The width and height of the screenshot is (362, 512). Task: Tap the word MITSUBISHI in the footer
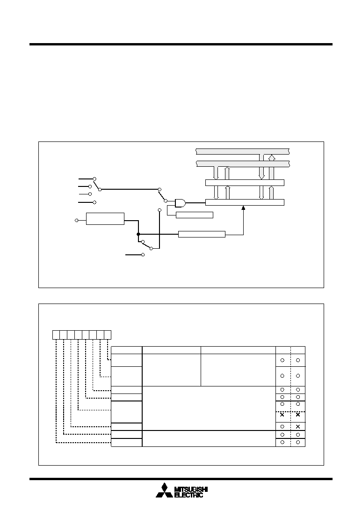(191, 490)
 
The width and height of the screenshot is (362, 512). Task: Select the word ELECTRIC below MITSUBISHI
(189, 495)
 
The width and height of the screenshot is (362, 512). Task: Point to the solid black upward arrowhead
(243, 208)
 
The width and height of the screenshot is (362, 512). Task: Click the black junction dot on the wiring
(138, 234)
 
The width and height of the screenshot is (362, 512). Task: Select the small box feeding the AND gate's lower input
(195, 215)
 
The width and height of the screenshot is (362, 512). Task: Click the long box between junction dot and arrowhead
(202, 234)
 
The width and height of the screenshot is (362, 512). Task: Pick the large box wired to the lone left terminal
(105, 219)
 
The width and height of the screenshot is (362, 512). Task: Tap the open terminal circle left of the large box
(77, 221)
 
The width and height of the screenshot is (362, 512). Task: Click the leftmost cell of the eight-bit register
(56, 334)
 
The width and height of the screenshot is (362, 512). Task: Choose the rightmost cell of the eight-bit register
(108, 334)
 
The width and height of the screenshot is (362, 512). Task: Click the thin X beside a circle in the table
(298, 426)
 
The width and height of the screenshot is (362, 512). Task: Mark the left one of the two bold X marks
(282, 415)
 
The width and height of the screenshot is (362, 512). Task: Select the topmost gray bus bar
(243, 151)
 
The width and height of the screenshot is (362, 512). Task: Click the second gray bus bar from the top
(243, 163)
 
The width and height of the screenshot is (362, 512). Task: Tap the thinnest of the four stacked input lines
(85, 194)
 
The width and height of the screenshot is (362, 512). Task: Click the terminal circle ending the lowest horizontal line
(143, 255)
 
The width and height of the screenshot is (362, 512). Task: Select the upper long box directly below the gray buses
(245, 183)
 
